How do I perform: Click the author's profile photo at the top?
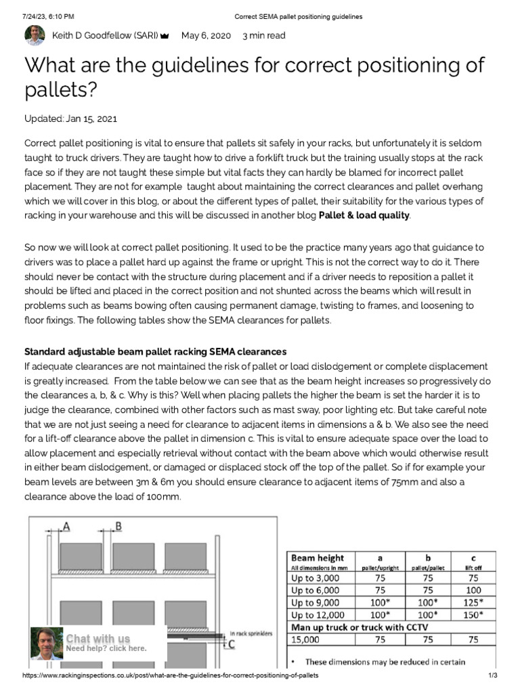click(x=35, y=36)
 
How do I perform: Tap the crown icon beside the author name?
click(x=165, y=37)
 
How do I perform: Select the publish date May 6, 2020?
click(x=206, y=36)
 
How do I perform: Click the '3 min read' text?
click(x=263, y=36)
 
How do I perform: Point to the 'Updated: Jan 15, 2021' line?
click(x=70, y=119)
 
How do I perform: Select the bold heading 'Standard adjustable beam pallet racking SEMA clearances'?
click(x=155, y=352)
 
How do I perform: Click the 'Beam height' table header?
click(x=317, y=558)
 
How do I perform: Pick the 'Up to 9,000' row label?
click(x=317, y=602)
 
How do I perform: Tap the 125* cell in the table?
click(x=473, y=602)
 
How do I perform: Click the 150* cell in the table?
click(x=473, y=614)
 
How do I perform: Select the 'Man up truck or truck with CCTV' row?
click(x=360, y=627)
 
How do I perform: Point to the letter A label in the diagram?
click(x=66, y=525)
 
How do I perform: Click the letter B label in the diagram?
click(x=118, y=525)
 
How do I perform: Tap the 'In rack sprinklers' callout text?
click(x=251, y=633)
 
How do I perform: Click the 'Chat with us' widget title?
click(x=97, y=638)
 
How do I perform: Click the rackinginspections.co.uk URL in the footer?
click(x=170, y=676)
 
